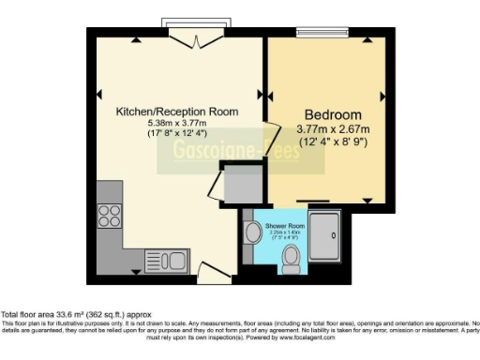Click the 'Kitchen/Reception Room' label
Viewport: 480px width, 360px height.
[x=176, y=112]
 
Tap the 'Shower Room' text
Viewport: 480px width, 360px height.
[x=285, y=226]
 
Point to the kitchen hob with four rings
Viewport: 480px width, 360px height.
[x=109, y=211]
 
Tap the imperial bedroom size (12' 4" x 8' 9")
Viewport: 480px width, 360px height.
[x=334, y=142]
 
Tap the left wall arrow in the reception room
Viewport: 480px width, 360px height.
[x=100, y=94]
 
